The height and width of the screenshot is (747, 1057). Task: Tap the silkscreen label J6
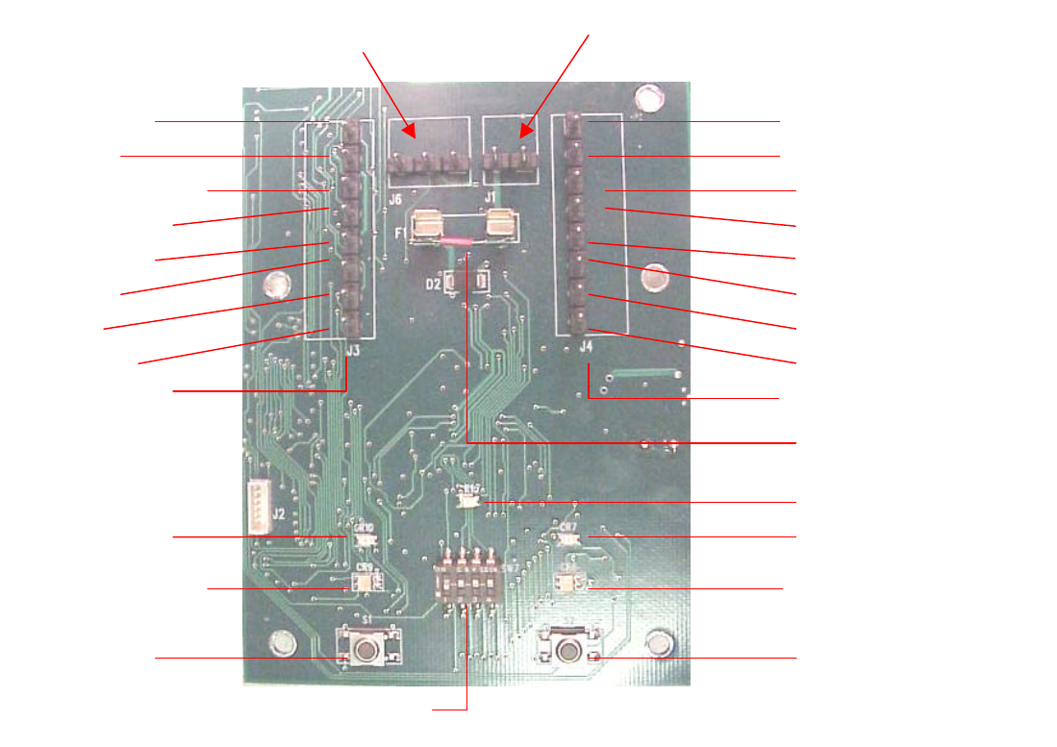tap(395, 198)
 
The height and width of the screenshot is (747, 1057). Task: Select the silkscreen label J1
tap(490, 198)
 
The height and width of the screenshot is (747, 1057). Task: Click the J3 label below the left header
tap(352, 351)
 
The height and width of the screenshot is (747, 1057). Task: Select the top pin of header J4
tap(573, 122)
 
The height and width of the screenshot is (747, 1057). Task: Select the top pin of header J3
tap(353, 126)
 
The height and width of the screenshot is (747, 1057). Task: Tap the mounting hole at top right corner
tap(649, 97)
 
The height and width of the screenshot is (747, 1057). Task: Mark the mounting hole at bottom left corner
tap(282, 641)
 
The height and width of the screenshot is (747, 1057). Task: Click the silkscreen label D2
tap(434, 284)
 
